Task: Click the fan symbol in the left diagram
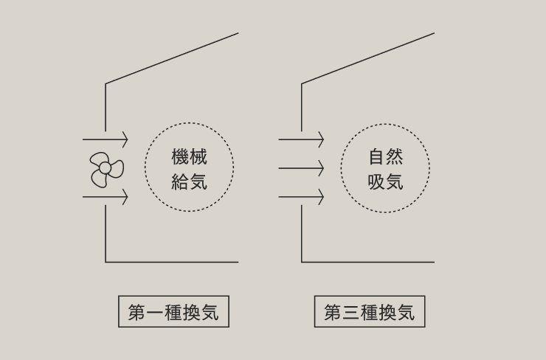(106, 169)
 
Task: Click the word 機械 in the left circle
(189, 156)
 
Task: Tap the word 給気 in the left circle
(189, 181)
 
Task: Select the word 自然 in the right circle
(385, 156)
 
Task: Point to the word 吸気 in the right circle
(385, 181)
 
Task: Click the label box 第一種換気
(173, 312)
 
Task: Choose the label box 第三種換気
(370, 312)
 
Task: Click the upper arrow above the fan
(106, 139)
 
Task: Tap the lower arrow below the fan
(106, 198)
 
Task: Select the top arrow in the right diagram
(301, 139)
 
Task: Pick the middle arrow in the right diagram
(301, 168)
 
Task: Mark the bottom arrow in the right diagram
(301, 198)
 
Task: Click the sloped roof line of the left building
(172, 58)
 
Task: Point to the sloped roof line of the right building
(368, 58)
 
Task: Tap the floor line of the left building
(172, 262)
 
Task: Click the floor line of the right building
(368, 262)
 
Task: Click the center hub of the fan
(105, 169)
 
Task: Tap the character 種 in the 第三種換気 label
(370, 313)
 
